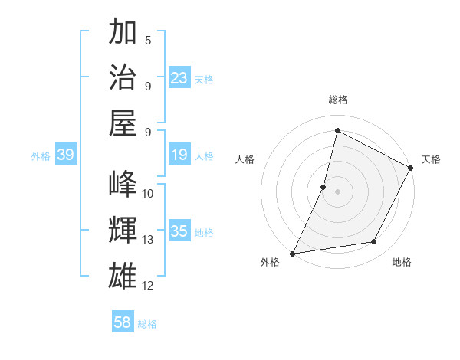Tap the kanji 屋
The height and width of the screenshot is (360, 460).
pos(123,122)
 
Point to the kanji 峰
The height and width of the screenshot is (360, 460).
pos(123,184)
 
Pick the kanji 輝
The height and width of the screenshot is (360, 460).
pos(123,229)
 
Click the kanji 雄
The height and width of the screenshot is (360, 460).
pos(123,275)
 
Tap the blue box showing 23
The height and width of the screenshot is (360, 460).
pos(179,77)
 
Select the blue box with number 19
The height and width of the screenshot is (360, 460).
pos(179,155)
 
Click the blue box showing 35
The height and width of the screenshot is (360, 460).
pos(179,231)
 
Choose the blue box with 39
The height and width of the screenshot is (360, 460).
pos(65,155)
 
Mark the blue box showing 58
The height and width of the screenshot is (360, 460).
pos(123,322)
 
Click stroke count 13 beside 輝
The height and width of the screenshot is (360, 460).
pos(148,240)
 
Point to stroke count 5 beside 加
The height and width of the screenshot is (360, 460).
pos(148,40)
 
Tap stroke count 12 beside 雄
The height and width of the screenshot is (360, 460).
pos(148,286)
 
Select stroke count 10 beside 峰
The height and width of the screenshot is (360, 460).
pos(148,193)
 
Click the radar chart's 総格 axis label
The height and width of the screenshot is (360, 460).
pos(337,100)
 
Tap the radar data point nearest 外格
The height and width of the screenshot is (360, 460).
pos(293,253)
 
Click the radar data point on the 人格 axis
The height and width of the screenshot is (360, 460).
pos(324,187)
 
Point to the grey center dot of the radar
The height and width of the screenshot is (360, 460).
pos(337,191)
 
